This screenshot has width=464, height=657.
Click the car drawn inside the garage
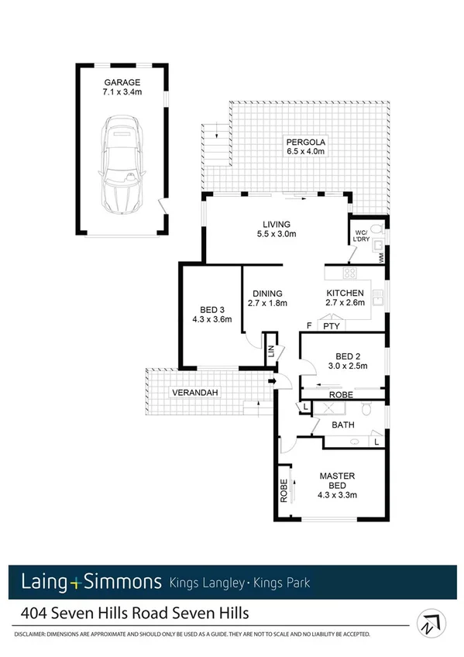pyautogui.click(x=119, y=164)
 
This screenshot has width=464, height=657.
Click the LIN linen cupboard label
pyautogui.click(x=271, y=350)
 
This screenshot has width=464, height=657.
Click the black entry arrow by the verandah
pyautogui.click(x=272, y=381)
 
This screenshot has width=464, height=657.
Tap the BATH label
pyautogui.click(x=343, y=425)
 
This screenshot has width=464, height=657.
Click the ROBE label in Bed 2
pyautogui.click(x=341, y=394)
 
